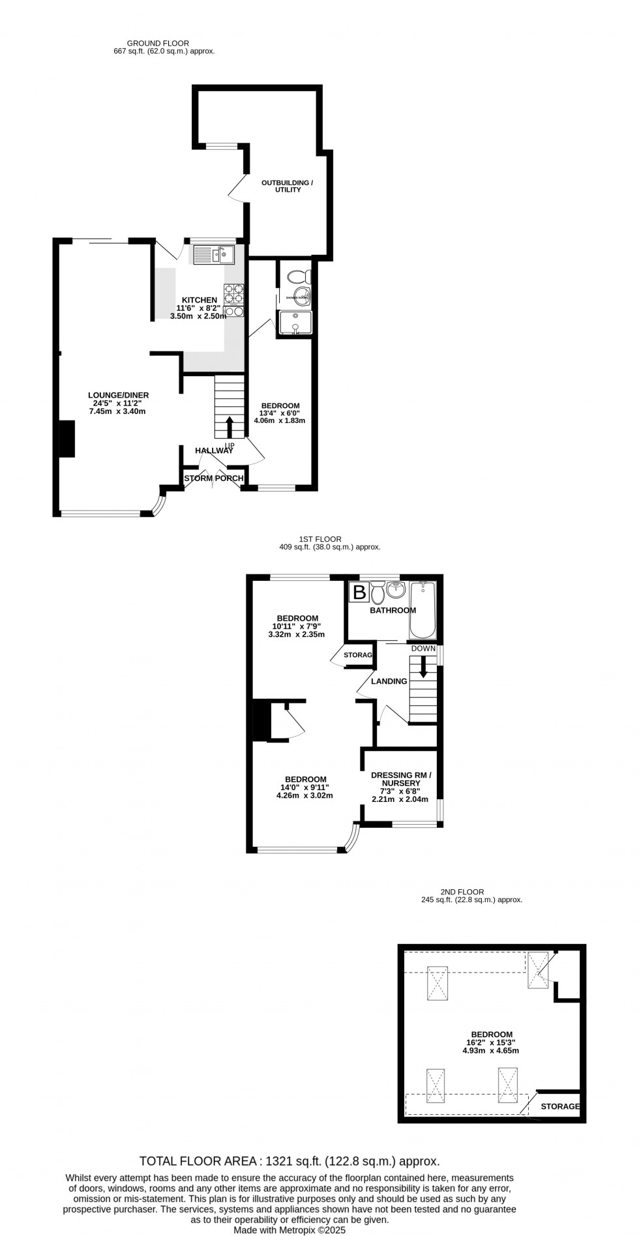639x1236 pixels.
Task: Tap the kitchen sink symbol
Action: coord(213,254)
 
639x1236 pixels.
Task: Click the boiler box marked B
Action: coord(359,593)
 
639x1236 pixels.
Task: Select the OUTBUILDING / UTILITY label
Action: coord(287,186)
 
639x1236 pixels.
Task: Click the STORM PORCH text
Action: coord(213,478)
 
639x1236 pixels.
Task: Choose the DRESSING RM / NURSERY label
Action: coord(401,779)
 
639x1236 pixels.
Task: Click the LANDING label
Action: coord(389,681)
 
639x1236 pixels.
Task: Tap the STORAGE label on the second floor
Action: coord(559,1106)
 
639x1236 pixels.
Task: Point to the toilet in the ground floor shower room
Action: coord(300,276)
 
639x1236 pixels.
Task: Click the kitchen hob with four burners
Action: coord(234,294)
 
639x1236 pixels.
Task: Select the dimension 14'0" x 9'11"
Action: coord(305,787)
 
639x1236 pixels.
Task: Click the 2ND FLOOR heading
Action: coord(471,892)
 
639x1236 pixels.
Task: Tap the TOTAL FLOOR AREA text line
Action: coord(290,1161)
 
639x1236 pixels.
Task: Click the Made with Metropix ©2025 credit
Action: coord(290,1229)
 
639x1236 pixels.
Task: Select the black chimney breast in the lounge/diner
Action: coord(67,439)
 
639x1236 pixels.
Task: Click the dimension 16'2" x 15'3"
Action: coord(492,1042)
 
